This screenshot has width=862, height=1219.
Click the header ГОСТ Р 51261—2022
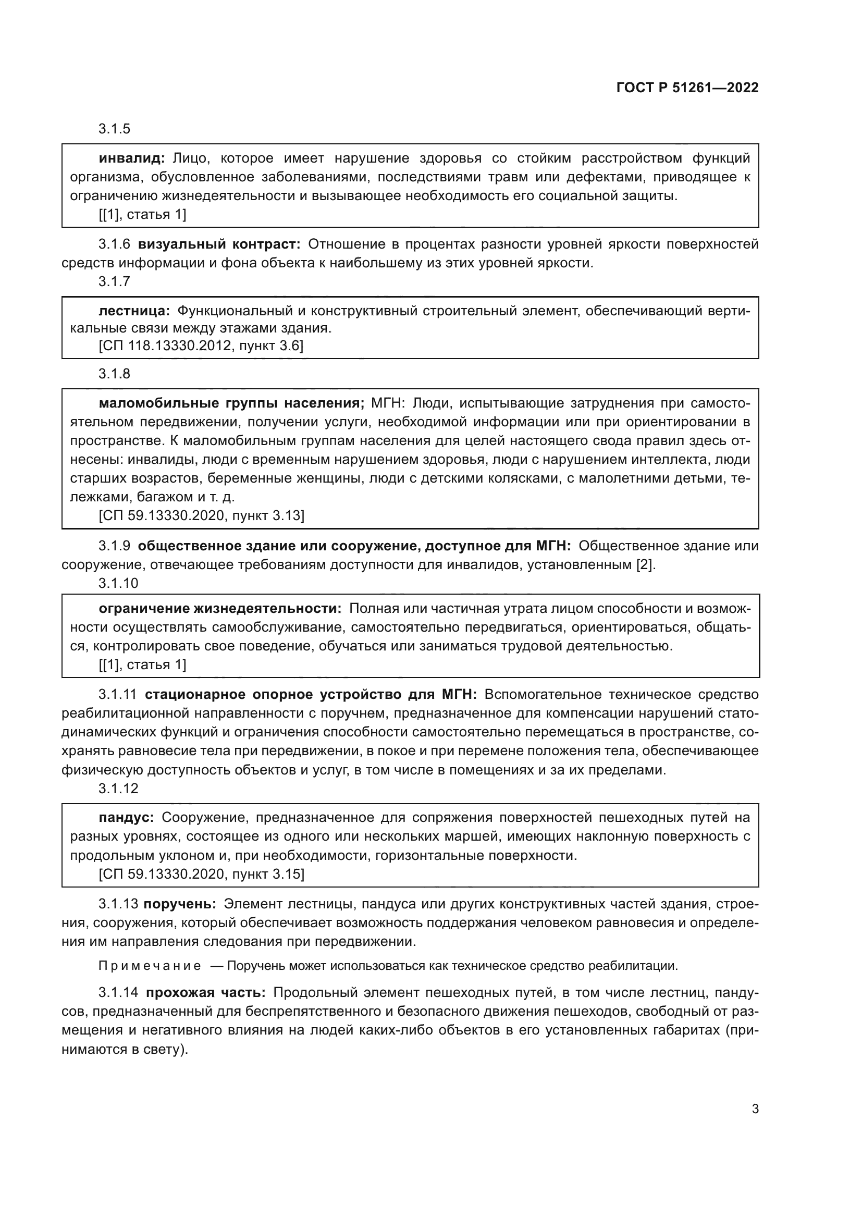coord(687,88)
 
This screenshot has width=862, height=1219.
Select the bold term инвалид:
coord(132,158)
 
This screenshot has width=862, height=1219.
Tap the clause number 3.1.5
coord(114,129)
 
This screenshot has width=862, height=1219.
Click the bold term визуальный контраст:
coord(219,244)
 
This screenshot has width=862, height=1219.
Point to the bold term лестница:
coord(134,311)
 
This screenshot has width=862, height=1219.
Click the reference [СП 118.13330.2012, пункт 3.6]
coord(201,346)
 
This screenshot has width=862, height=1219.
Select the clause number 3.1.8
coord(114,374)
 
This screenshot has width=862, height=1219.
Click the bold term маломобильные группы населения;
coord(231,403)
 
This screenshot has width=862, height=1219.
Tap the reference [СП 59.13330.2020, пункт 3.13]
coord(202,515)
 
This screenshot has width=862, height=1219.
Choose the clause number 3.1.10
coord(118,583)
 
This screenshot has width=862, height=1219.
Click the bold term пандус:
coord(126,817)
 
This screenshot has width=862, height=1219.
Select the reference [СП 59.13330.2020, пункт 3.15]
coord(202,874)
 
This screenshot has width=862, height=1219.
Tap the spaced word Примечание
coord(150,966)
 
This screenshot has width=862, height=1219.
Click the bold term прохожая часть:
coord(206,992)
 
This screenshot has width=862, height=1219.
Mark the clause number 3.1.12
coord(118,789)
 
